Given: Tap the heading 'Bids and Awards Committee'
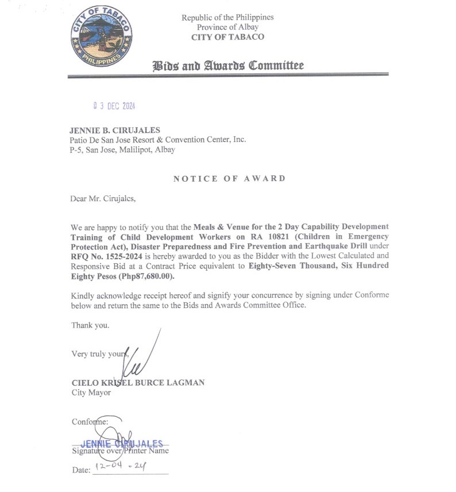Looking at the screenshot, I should tap(227, 66).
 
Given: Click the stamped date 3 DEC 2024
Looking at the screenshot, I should tap(114, 106).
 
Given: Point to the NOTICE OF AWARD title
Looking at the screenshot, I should tap(229, 179).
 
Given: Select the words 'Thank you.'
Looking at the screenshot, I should tap(90, 325).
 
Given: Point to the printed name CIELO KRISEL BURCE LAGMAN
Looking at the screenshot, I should tap(138, 383).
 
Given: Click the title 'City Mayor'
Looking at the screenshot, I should tap(91, 393).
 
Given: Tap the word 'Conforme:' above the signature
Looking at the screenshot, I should tap(90, 422).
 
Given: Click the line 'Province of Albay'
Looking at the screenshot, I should tap(227, 27).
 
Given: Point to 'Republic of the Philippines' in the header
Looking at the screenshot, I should tap(227, 17).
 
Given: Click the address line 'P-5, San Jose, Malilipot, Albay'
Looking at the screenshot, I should tap(123, 149).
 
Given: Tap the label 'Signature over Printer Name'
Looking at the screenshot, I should tap(120, 451).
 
